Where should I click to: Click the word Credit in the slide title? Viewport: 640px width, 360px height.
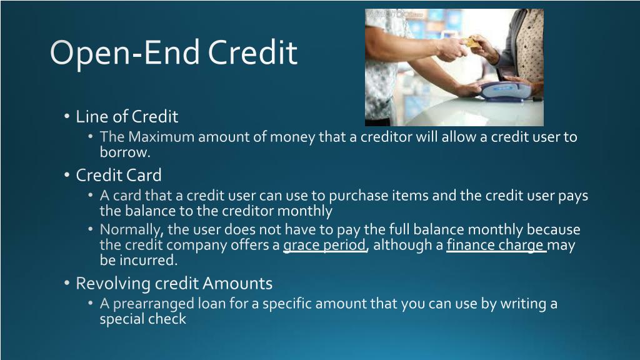click(x=252, y=52)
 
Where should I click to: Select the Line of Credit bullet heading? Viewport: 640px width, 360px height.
click(x=127, y=117)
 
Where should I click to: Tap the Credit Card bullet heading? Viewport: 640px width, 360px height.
click(x=119, y=176)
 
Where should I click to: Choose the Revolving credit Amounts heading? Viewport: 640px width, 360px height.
click(x=174, y=284)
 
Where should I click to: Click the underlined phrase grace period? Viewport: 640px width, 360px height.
click(x=325, y=245)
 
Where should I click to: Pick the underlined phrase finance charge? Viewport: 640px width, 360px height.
click(x=496, y=245)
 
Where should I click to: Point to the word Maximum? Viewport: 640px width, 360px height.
click(x=161, y=137)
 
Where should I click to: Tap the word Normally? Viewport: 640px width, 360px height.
click(x=130, y=230)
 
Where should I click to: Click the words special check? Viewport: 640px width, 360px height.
click(x=143, y=319)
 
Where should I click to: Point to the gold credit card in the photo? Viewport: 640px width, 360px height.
click(x=472, y=42)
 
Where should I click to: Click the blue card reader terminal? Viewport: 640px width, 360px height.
click(x=506, y=90)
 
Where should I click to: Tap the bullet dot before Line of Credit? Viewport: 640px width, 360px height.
click(x=67, y=117)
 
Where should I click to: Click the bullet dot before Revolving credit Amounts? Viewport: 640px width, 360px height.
click(x=67, y=283)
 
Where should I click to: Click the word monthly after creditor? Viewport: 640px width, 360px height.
click(x=304, y=212)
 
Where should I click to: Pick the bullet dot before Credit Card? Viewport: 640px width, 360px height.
click(x=67, y=176)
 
